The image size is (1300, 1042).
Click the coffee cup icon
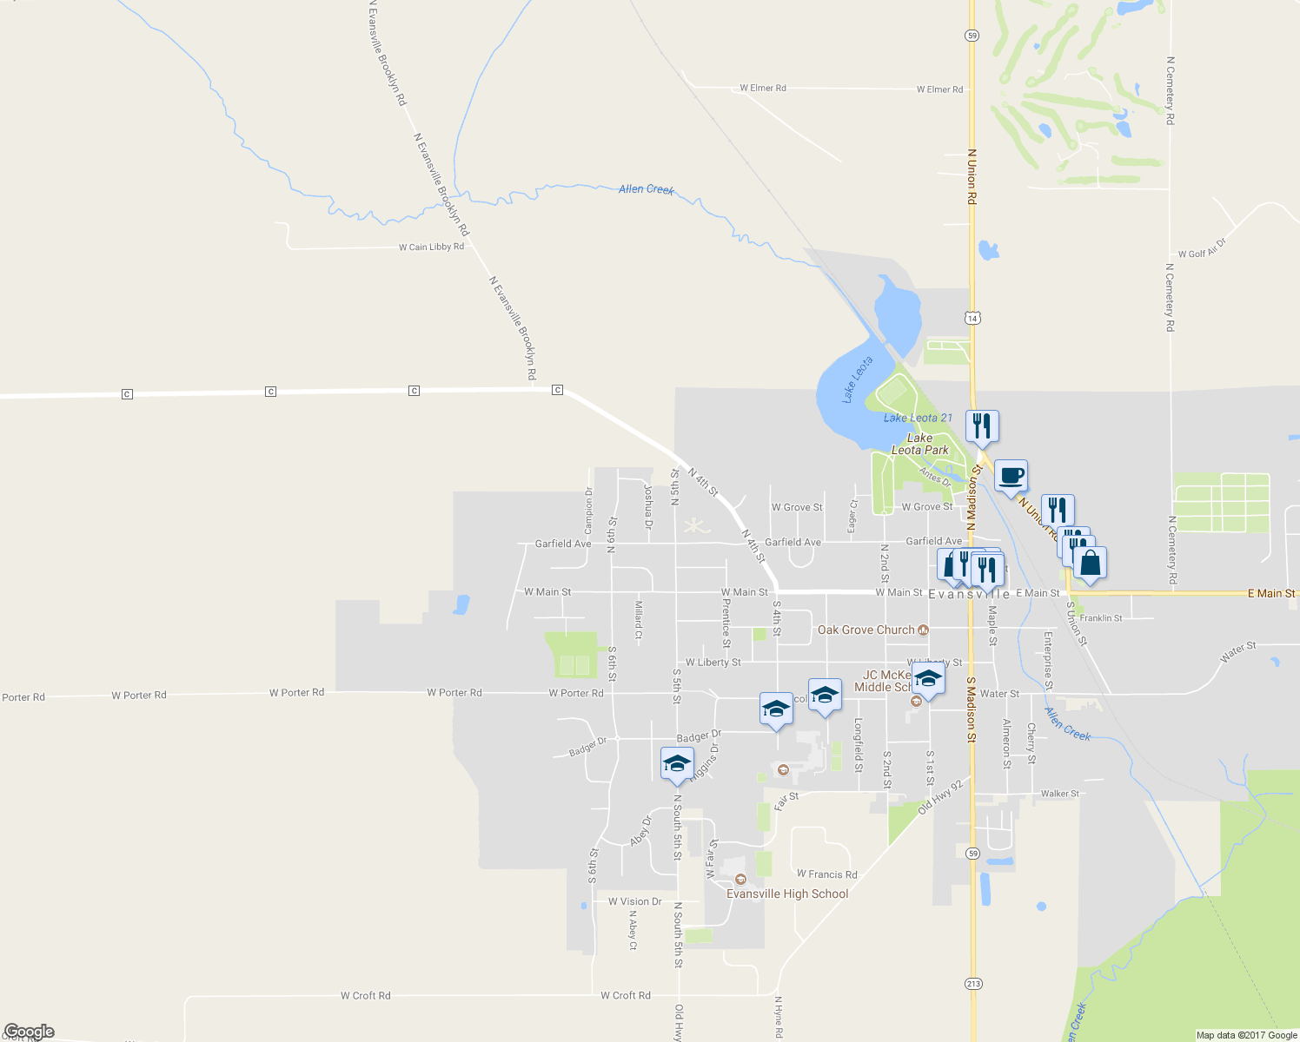click(1011, 476)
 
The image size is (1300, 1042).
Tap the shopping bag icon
click(1090, 563)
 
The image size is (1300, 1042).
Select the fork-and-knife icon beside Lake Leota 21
click(982, 426)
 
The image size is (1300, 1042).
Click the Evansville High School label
click(787, 894)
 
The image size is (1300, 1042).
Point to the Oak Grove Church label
click(866, 630)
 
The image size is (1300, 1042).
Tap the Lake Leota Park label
click(920, 444)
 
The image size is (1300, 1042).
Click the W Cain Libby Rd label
click(431, 247)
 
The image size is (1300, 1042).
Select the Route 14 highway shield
click(972, 318)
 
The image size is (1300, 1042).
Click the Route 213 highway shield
click(973, 983)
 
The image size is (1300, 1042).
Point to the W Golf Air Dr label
click(1202, 248)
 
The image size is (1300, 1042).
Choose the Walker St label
click(1060, 793)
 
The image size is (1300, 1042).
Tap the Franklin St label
click(1101, 617)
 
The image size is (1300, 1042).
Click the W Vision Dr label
click(635, 901)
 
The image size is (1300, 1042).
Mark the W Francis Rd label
click(827, 874)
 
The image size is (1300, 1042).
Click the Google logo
click(29, 1032)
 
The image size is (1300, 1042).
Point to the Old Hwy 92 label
click(941, 796)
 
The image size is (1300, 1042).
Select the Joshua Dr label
click(647, 507)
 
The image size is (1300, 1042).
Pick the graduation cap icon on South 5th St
click(677, 764)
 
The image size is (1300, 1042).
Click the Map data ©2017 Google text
click(1246, 1035)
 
